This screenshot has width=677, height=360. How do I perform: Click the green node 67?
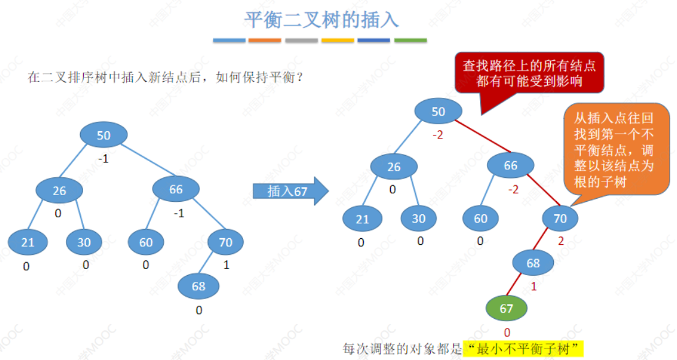click(507, 308)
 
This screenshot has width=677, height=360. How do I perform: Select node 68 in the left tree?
click(198, 286)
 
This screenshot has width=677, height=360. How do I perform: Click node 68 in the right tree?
click(533, 263)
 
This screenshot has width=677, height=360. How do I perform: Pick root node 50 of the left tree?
click(104, 135)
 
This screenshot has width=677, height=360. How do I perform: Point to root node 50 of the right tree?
click(438, 111)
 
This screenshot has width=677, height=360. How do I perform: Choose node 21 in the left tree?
click(28, 242)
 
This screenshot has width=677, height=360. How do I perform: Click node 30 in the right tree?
click(419, 218)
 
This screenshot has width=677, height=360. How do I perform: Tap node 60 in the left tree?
click(146, 242)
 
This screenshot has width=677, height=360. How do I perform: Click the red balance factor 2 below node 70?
click(561, 241)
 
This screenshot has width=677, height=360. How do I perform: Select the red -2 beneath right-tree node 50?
click(438, 135)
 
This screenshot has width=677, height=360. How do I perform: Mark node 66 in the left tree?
click(176, 190)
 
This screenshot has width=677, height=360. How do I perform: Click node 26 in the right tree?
click(394, 166)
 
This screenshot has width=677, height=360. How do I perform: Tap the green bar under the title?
click(411, 41)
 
